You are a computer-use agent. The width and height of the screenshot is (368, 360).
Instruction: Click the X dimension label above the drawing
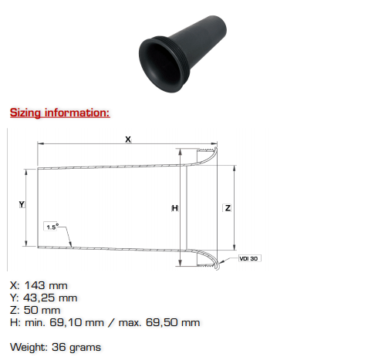tap(128, 140)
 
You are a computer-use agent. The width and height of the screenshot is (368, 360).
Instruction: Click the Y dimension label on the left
tap(22, 204)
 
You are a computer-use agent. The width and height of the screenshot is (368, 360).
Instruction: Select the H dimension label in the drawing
tap(174, 208)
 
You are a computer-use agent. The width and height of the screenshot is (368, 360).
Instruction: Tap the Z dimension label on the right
tap(228, 207)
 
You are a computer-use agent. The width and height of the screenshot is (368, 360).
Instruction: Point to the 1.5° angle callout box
tap(52, 227)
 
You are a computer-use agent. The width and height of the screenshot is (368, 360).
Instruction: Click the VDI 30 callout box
tap(250, 258)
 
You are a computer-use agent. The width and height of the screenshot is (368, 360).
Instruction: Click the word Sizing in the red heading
tap(25, 113)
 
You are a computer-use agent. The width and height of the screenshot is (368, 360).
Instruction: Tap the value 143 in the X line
tap(35, 285)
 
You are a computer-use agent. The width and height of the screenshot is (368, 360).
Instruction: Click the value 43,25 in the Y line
tap(39, 298)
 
